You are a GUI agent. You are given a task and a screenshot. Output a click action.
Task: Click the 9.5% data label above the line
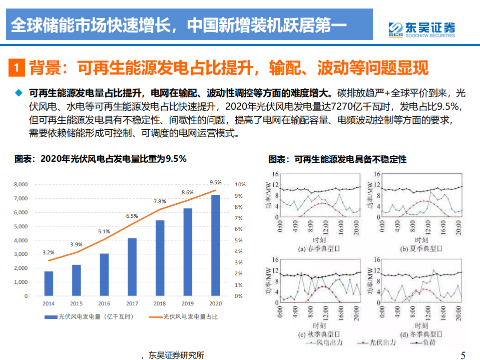point(216,182)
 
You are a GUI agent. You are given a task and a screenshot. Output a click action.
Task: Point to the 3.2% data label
point(49,253)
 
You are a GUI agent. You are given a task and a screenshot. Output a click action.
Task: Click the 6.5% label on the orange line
point(132,216)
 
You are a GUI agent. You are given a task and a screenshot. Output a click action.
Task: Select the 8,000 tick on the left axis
point(21,185)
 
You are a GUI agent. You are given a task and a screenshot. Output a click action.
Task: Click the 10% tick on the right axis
point(240,185)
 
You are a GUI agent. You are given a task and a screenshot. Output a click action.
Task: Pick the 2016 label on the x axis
point(104,303)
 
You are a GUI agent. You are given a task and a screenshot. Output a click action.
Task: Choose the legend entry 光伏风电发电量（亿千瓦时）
point(88,316)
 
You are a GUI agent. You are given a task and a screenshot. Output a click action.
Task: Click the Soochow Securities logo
point(421,29)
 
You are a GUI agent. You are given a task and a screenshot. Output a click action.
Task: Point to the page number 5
point(463,355)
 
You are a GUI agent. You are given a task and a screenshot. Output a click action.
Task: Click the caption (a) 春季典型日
point(319,248)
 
